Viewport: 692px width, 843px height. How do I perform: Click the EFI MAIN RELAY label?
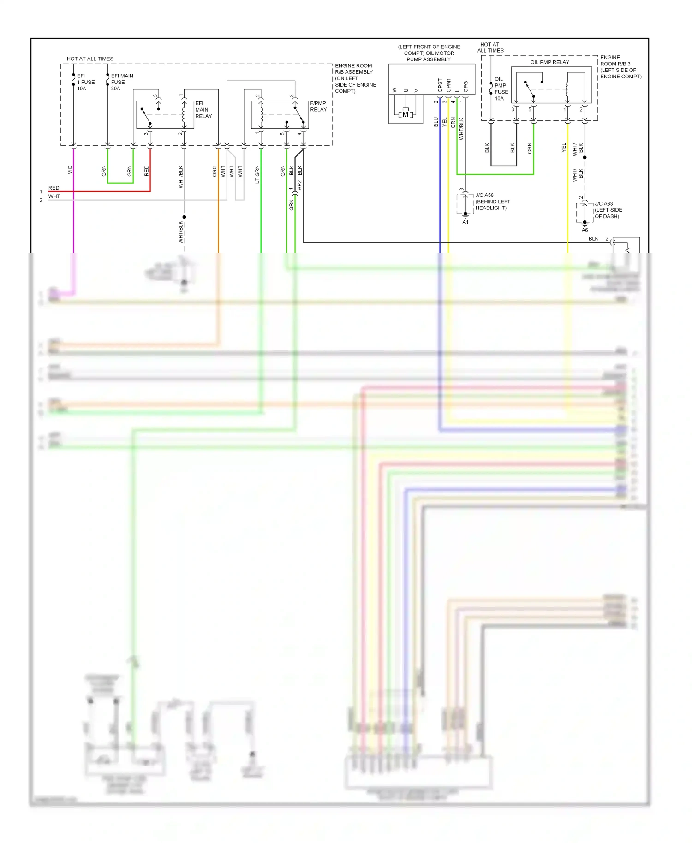[203, 110]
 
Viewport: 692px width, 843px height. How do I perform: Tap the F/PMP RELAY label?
[318, 107]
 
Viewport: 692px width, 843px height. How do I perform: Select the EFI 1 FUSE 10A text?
[85, 82]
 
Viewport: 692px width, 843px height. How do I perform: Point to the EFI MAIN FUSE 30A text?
[121, 82]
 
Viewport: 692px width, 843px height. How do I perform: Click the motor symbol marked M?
[405, 114]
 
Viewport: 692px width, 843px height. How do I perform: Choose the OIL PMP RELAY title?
[549, 62]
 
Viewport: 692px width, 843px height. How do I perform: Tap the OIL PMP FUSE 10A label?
[501, 89]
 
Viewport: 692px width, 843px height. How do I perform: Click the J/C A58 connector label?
[484, 195]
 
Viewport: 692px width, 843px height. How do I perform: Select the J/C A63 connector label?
[603, 203]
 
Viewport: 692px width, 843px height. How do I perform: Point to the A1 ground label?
[465, 222]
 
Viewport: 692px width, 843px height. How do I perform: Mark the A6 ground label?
[585, 230]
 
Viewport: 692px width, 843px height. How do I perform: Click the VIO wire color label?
[70, 170]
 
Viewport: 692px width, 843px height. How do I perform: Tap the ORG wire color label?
[215, 171]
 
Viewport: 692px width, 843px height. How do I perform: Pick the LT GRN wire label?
[257, 174]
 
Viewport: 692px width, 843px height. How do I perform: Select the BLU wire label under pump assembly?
[436, 122]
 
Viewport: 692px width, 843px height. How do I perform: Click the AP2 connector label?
[299, 185]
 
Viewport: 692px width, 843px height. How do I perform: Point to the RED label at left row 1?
[54, 188]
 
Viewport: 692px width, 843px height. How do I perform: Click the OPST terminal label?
[440, 85]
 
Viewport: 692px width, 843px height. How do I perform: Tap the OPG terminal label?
[465, 86]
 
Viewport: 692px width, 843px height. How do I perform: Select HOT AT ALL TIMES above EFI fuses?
[90, 59]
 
